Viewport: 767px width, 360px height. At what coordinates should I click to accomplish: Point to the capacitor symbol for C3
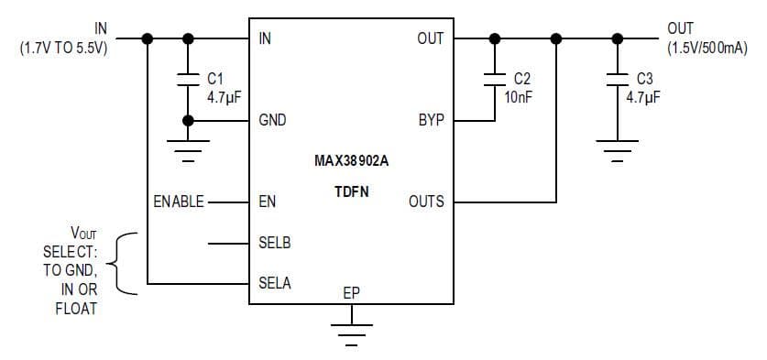click(617, 78)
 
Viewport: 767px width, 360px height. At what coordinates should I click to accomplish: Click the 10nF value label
click(519, 95)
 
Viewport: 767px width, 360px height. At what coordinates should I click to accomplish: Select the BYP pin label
click(431, 120)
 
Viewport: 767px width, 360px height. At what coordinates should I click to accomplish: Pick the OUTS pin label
click(426, 202)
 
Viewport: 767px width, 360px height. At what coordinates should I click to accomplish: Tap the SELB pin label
click(275, 244)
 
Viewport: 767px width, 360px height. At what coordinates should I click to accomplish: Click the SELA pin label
click(275, 283)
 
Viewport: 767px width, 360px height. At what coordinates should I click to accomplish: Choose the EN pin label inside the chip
click(268, 202)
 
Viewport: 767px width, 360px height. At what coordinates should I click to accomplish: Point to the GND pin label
click(273, 120)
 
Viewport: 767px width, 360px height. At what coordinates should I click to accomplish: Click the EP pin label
click(351, 293)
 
